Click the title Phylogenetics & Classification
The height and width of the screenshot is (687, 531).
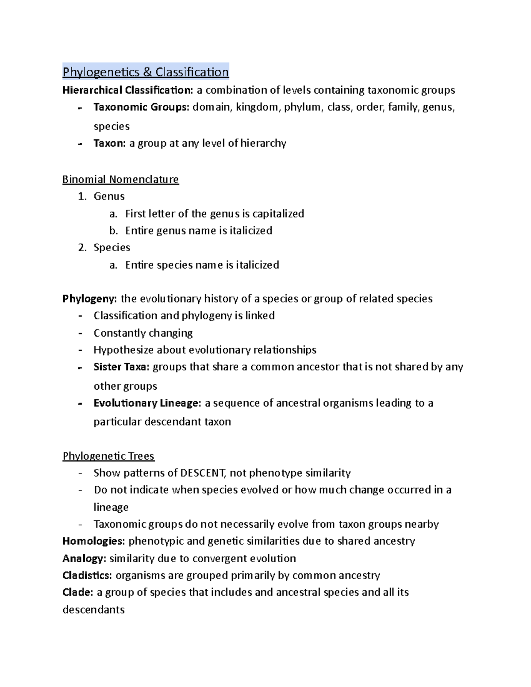click(x=146, y=72)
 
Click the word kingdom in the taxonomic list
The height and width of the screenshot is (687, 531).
click(x=258, y=107)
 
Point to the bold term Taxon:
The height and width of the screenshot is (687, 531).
click(x=110, y=143)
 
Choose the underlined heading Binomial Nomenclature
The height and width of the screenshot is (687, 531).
click(x=120, y=179)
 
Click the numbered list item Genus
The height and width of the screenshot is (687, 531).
click(x=109, y=196)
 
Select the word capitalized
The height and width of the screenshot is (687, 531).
click(x=278, y=214)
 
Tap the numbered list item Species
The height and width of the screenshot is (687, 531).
click(x=112, y=247)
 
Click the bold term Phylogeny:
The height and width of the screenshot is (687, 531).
click(x=90, y=299)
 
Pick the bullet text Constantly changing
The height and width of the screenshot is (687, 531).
click(x=143, y=333)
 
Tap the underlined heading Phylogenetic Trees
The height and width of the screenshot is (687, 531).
click(x=108, y=456)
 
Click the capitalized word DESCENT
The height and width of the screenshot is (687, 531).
click(x=202, y=473)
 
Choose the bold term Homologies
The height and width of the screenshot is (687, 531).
click(x=94, y=541)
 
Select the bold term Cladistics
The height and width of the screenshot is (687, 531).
click(x=87, y=575)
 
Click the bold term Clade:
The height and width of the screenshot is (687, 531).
click(x=78, y=592)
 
